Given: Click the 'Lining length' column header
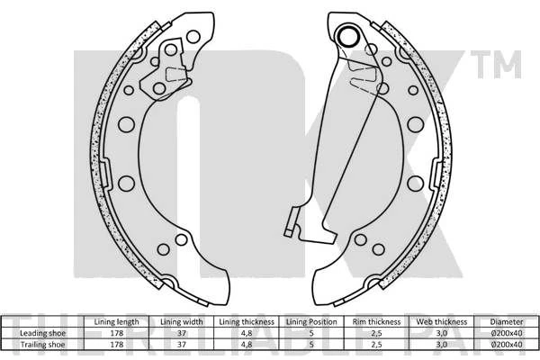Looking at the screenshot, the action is [116, 322].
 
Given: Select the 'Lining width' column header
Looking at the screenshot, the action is [182, 322].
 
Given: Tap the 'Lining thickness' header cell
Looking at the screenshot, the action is [247, 322].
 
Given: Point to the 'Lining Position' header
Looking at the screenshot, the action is [311, 322].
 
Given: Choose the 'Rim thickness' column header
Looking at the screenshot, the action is [376, 322].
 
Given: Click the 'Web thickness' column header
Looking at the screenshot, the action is [442, 322].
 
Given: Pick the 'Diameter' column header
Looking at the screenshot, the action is [507, 322].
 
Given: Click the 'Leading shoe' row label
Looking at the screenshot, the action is [42, 333].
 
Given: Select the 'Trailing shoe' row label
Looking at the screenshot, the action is [42, 344].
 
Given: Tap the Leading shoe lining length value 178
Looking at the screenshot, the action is [117, 333].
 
